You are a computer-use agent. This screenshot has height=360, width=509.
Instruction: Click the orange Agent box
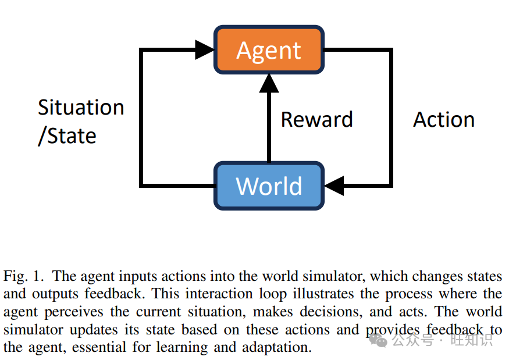pos(269,50)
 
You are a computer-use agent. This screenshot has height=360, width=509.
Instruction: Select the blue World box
pos(269,186)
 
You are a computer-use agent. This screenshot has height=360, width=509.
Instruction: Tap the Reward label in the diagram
pos(316,120)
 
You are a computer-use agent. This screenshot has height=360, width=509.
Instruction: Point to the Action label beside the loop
pos(444,120)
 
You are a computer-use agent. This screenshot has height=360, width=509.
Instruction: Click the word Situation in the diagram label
pos(81,108)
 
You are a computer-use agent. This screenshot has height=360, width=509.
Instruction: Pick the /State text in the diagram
pos(67,136)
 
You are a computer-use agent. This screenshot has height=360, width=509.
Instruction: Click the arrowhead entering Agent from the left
pos(204,50)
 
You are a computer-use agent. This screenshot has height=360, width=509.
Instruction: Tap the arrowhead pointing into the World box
pos(334,186)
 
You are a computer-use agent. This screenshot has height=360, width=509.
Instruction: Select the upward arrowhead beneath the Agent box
pos(269,84)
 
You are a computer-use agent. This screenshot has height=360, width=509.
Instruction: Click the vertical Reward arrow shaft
pos(269,128)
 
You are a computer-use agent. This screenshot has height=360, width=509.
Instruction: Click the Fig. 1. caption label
pos(25,275)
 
